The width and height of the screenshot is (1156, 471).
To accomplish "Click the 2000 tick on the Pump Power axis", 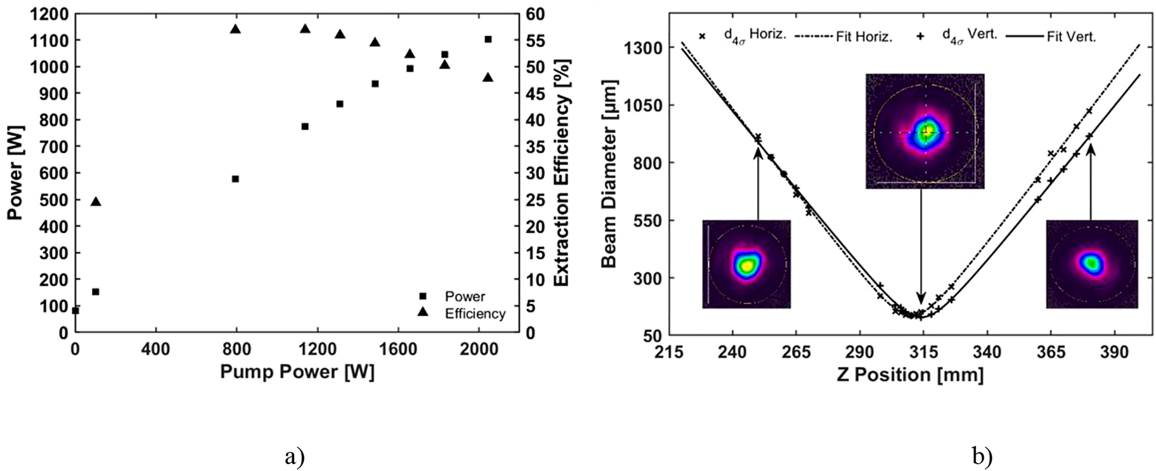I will [479, 348].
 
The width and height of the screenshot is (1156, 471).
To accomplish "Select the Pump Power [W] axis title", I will [297, 371].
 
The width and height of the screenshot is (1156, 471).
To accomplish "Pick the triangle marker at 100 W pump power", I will [96, 201].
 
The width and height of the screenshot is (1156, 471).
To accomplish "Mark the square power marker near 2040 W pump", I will [488, 39].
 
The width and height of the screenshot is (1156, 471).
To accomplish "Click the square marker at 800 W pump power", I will [235, 179].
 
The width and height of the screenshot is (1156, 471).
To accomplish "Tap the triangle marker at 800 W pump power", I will [235, 29].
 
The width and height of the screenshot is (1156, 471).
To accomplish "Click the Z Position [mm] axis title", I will [910, 375].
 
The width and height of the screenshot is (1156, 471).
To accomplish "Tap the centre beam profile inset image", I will [925, 131].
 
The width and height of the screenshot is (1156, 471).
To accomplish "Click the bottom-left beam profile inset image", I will [746, 264].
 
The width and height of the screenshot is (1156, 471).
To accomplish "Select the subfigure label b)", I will [982, 456].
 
